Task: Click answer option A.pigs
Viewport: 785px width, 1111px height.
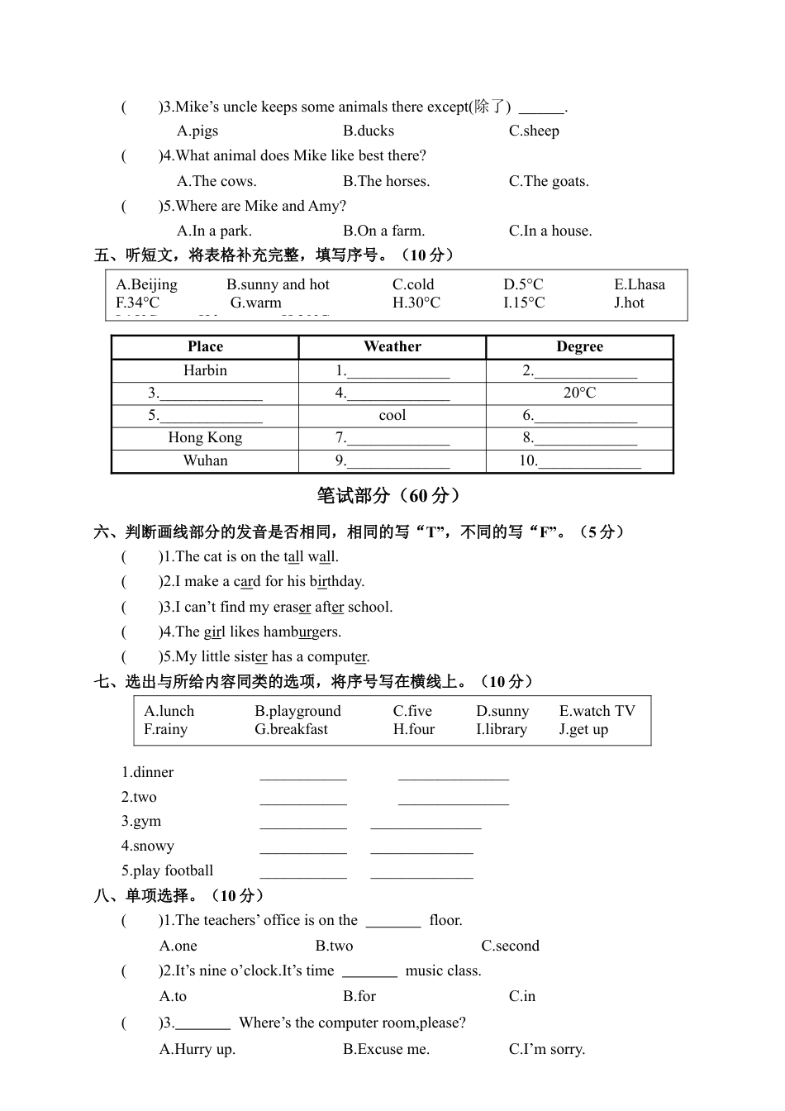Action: pos(197,131)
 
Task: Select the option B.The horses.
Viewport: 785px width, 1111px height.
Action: pos(386,181)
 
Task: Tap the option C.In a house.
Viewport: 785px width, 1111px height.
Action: pos(550,231)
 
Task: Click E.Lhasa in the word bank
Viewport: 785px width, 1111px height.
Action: pos(639,284)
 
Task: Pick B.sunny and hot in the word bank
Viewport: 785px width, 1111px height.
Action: pos(278,284)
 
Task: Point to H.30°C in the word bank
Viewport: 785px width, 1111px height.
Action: pos(416,303)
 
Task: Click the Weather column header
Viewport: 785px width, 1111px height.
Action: pos(392,346)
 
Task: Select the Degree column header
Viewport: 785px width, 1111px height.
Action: pos(579,346)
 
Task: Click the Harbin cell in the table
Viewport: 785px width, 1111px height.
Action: pos(205,370)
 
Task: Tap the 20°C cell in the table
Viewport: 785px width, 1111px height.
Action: pos(579,393)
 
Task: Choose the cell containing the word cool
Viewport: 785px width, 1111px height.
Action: pos(392,415)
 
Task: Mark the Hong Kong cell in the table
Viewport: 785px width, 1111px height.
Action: pos(205,437)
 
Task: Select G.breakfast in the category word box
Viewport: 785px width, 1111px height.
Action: pos(291,729)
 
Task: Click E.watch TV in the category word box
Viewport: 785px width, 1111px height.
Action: pos(597,711)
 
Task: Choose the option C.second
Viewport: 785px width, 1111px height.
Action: pos(510,946)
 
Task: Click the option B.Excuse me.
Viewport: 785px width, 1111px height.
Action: pos(386,1049)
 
